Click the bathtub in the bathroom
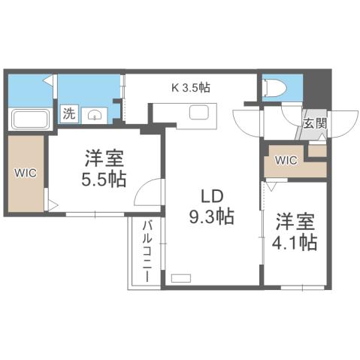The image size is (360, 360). tap(29, 117)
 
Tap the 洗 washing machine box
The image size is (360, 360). tap(69, 114)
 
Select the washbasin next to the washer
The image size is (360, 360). tap(95, 115)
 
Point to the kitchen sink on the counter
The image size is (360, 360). tap(201, 113)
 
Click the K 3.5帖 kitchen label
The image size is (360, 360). tap(191, 87)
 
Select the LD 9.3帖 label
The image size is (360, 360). tap(211, 207)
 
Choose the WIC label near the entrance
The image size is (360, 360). tap(286, 160)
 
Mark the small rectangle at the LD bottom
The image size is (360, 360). tap(181, 278)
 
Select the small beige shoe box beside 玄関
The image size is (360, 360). tap(316, 150)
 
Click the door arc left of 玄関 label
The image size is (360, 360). tap(247, 121)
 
